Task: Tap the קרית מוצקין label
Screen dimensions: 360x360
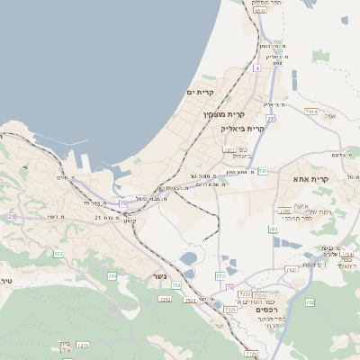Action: tap(223, 114)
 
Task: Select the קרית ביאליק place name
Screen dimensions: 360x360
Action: tap(242, 129)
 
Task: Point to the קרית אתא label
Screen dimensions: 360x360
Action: tap(311, 179)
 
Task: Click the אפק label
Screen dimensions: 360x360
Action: tap(330, 116)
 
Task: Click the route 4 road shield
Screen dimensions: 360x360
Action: tap(256, 67)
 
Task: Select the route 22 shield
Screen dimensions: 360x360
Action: tap(270, 118)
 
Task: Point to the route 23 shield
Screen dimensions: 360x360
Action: tap(12, 217)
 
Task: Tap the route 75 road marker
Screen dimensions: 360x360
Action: tap(123, 203)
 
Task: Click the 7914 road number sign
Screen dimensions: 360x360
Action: tap(311, 111)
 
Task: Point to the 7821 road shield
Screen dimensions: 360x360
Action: tap(291, 269)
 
